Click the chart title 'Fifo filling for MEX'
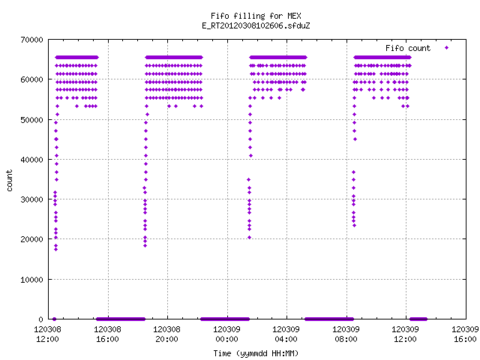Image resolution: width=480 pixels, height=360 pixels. click(x=256, y=16)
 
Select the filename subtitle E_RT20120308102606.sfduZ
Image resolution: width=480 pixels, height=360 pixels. click(x=256, y=25)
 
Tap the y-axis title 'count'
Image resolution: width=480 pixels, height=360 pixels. click(x=10, y=181)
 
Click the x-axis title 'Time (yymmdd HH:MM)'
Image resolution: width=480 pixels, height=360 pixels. click(x=256, y=353)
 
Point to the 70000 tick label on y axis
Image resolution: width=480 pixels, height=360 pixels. click(x=31, y=40)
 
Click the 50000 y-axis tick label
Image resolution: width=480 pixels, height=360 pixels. click(x=31, y=120)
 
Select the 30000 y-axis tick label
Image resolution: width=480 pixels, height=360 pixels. click(x=31, y=199)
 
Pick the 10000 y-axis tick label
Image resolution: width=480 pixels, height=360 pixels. click(x=31, y=280)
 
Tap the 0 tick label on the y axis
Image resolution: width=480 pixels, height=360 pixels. click(x=40, y=319)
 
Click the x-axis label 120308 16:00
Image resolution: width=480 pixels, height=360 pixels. click(x=107, y=334)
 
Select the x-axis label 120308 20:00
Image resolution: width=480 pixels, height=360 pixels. click(x=166, y=334)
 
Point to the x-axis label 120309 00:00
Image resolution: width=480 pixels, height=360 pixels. click(x=226, y=334)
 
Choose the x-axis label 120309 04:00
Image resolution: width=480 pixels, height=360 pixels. click(x=286, y=334)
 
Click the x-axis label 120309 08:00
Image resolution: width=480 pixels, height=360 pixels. click(x=346, y=334)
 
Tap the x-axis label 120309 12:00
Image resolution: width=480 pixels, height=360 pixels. click(x=406, y=334)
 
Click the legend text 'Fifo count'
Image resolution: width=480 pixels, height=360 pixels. click(x=408, y=48)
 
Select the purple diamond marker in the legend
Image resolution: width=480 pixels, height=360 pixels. click(x=447, y=47)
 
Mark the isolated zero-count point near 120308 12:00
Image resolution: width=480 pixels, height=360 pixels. click(x=54, y=319)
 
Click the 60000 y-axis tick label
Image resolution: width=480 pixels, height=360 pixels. click(x=31, y=79)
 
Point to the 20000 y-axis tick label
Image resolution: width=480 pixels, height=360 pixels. click(x=31, y=239)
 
